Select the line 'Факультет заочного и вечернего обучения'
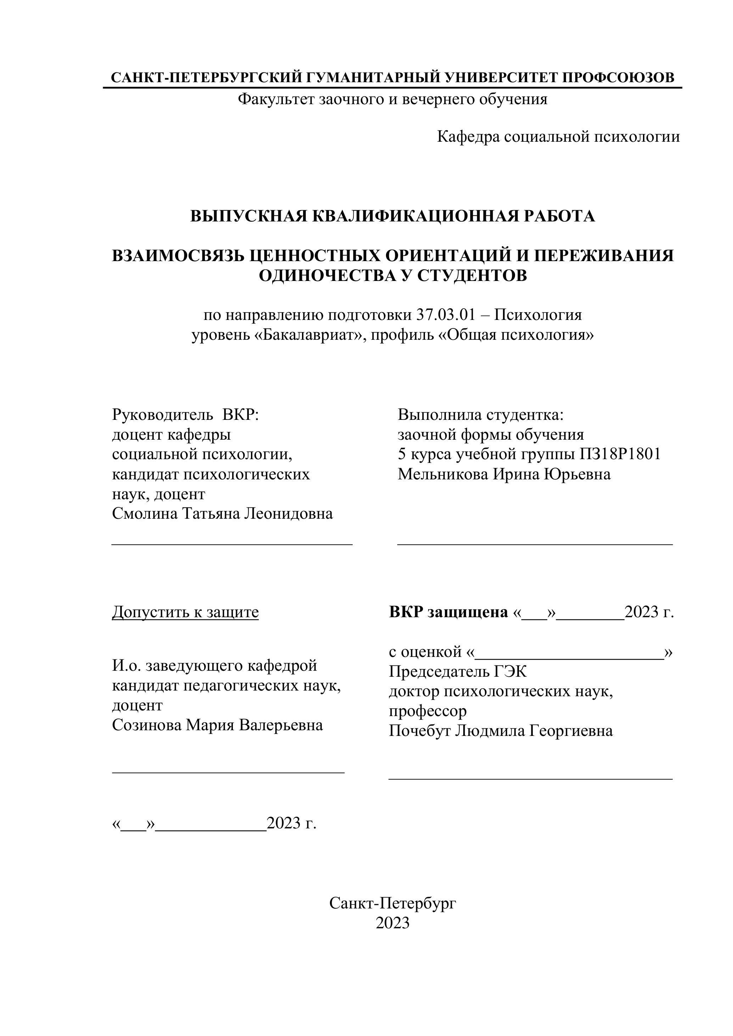point(392,99)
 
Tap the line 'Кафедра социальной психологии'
point(558,136)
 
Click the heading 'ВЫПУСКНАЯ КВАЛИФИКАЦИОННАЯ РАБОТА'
point(392,216)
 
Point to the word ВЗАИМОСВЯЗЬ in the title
point(179,255)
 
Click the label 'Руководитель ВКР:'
point(185,414)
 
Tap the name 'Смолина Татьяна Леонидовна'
point(223,513)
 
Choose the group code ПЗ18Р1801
point(620,454)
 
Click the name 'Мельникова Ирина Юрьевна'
point(504,474)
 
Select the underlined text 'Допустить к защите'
point(185,612)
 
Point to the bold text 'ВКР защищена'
point(448,612)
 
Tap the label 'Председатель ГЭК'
point(458,671)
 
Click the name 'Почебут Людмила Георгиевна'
point(500,731)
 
